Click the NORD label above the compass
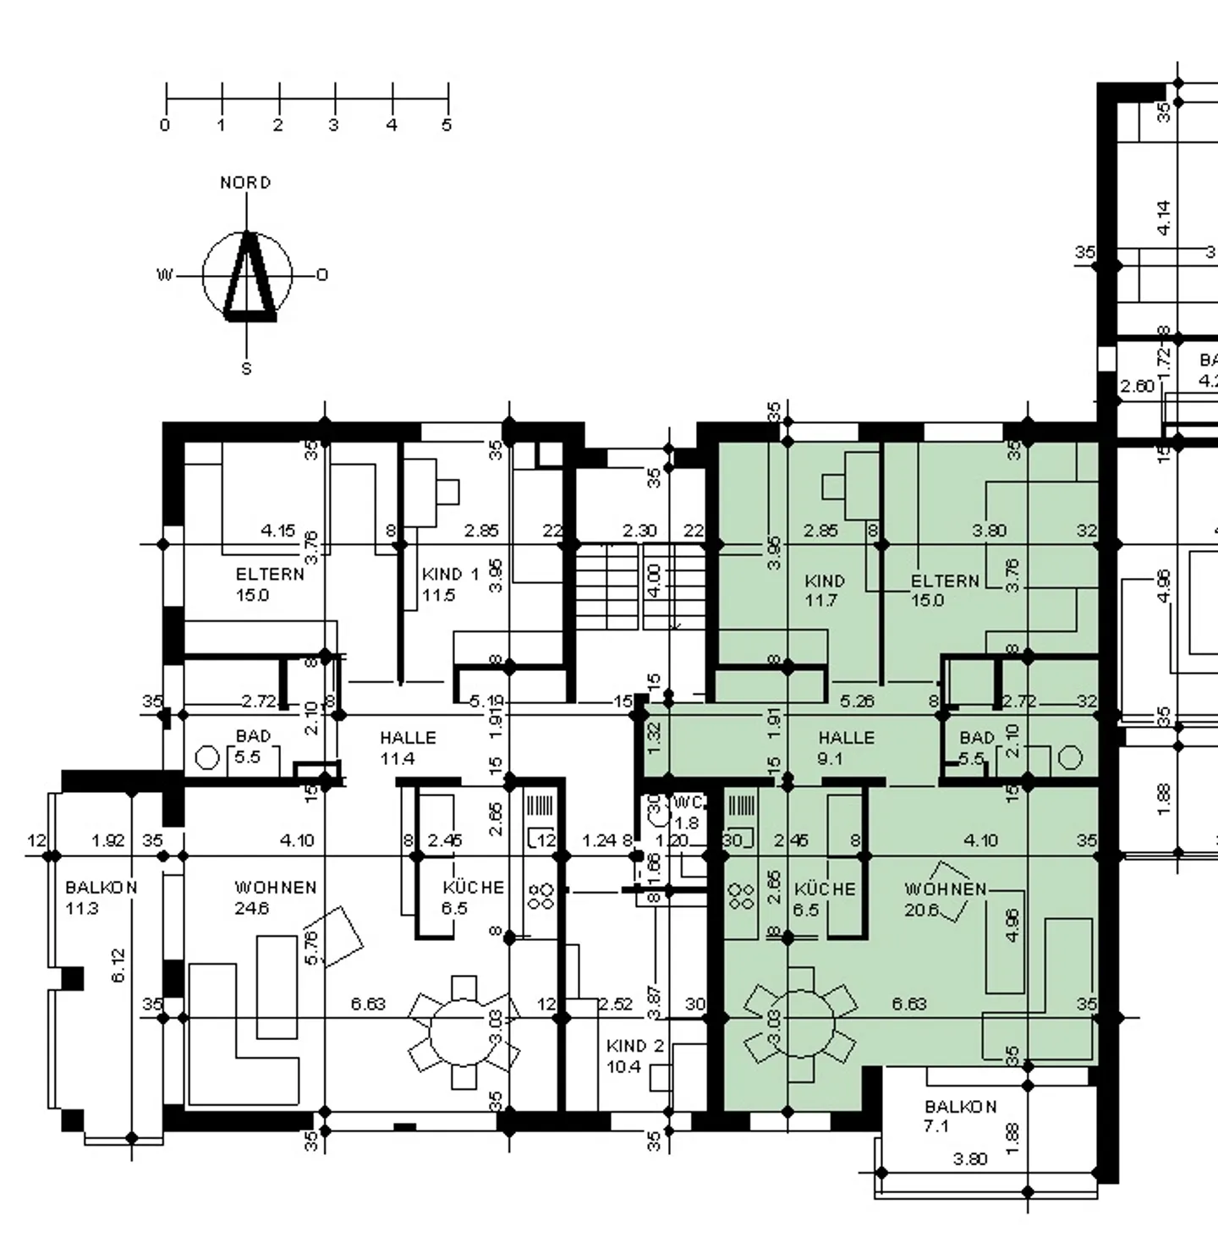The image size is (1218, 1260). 245,183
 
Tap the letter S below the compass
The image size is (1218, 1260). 246,369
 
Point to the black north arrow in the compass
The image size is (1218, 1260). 249,279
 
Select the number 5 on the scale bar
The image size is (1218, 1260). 447,125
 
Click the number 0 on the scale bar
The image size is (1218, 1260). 165,125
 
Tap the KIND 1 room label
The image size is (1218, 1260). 449,584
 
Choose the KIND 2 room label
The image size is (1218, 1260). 634,1056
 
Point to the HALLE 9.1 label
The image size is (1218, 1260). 845,747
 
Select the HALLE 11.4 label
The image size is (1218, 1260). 408,747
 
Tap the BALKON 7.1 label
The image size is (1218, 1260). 960,1115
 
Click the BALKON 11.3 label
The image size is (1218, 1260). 101,898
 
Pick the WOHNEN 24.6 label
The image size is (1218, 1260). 275,898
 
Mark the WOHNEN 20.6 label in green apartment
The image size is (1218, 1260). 944,899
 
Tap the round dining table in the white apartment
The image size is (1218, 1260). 464,1032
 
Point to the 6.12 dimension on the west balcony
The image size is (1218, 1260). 118,965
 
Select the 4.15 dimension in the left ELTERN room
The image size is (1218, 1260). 277,531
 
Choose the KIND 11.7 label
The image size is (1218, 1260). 824,591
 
